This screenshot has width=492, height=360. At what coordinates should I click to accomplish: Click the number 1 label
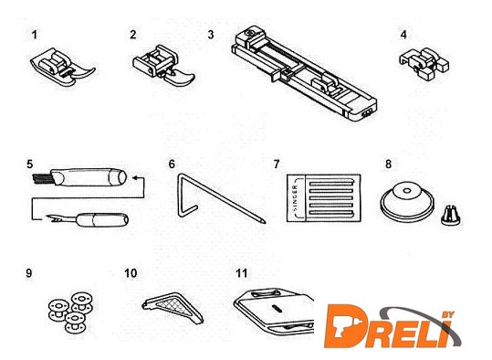[x=35, y=35]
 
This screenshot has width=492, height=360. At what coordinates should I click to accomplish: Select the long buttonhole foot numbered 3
[x=304, y=73]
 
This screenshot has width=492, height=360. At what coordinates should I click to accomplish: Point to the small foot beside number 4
[x=424, y=63]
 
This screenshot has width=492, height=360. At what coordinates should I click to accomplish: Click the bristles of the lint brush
[x=42, y=178]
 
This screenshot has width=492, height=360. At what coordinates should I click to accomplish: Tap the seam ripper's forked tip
[x=53, y=217]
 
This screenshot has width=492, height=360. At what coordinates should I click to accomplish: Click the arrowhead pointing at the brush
[x=134, y=178]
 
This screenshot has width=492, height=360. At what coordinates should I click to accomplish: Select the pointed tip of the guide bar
[x=263, y=221]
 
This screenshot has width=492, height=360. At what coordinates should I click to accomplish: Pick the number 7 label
[x=277, y=164]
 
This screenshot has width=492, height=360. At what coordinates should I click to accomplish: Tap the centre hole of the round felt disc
[x=407, y=190]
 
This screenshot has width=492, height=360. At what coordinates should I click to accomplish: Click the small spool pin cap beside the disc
[x=451, y=215]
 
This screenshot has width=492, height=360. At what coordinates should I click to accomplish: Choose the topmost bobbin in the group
[x=82, y=301]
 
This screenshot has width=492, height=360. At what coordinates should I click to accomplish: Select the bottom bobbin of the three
[x=75, y=322]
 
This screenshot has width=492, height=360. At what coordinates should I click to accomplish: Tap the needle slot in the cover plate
[x=276, y=308]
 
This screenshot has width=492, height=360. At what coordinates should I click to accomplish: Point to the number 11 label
[x=242, y=273]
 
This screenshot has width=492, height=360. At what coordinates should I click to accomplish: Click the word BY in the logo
[x=448, y=314]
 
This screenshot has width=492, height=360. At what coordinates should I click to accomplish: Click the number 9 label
[x=29, y=273]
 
